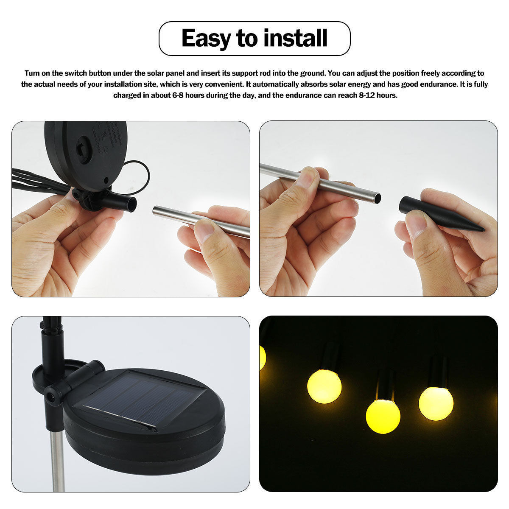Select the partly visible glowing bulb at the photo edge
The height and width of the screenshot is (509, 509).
tap(262, 358)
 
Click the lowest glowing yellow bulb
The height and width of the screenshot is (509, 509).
tap(383, 416)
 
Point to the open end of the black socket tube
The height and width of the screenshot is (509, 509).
tap(132, 204)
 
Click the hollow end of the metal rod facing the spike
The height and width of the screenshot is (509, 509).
tap(377, 198)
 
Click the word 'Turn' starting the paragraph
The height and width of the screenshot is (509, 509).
tap(32, 73)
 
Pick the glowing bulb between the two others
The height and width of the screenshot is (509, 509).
tap(383, 416)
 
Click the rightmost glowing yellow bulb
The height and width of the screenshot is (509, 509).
tap(436, 403)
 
